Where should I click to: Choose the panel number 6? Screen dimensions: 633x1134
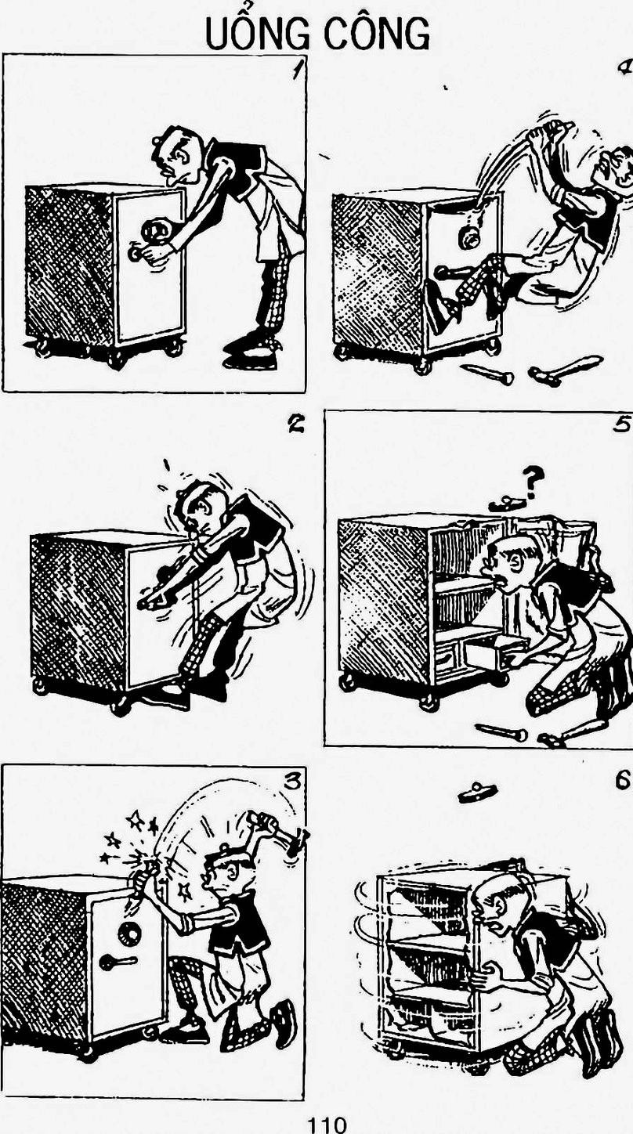click(x=622, y=780)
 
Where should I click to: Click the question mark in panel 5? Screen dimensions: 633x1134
click(x=532, y=482)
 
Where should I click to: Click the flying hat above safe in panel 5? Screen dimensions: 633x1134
click(x=505, y=504)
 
